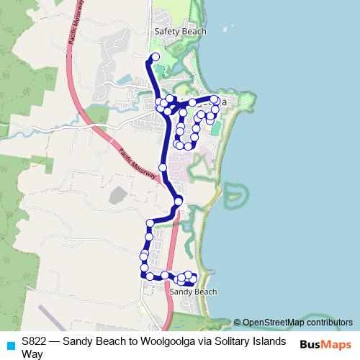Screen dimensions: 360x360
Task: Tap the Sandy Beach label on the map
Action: pyautogui.click(x=193, y=292)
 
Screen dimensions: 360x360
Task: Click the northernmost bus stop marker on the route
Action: pyautogui.click(x=153, y=58)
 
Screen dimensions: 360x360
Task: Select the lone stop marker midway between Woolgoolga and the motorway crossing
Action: pyautogui.click(x=163, y=168)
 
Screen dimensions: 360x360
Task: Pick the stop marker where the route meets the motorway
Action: pyautogui.click(x=179, y=201)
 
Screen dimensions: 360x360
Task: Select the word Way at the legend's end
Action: pyautogui.click(x=32, y=354)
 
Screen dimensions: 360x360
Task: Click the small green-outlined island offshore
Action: pyautogui.click(x=235, y=192)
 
